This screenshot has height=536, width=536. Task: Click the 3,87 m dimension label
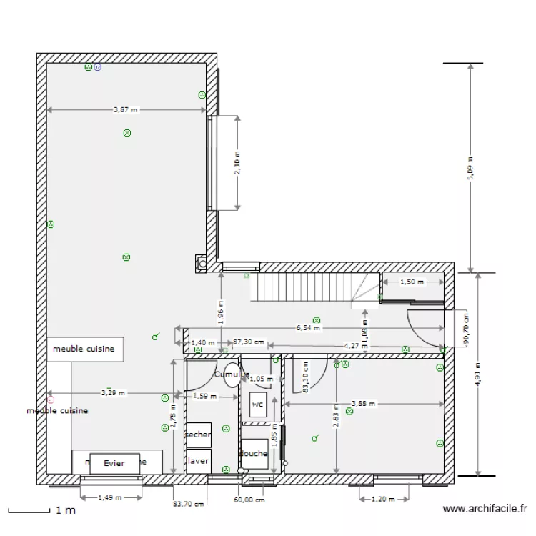[x=126, y=110]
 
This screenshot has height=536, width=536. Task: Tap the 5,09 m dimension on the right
[x=470, y=169]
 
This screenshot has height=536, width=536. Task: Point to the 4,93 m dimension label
[x=477, y=375]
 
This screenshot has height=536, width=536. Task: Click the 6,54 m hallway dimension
[x=309, y=329]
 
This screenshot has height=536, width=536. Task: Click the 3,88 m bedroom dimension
[x=363, y=404]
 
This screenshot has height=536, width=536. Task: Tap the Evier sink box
[x=114, y=463]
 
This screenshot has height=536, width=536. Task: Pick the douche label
[x=254, y=453]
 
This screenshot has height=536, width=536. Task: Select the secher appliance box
[x=198, y=435]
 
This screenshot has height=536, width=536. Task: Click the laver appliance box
[x=198, y=461]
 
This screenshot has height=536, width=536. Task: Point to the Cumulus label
[x=232, y=374]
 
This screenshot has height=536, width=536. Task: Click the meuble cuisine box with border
[x=86, y=349]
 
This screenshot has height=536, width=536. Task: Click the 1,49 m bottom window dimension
[x=109, y=497]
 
